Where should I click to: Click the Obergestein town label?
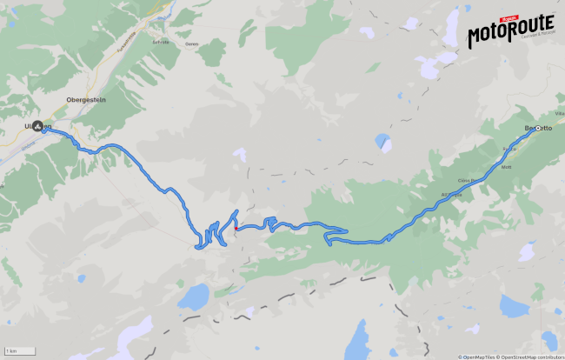86,100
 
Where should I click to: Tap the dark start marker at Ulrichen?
38,126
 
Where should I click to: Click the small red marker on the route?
236,229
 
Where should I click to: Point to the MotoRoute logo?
511,34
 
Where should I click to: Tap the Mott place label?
507,165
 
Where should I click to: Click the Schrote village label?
160,42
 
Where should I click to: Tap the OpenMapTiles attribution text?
477,357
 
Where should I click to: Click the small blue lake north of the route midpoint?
383,140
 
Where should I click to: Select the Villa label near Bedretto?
559,114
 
